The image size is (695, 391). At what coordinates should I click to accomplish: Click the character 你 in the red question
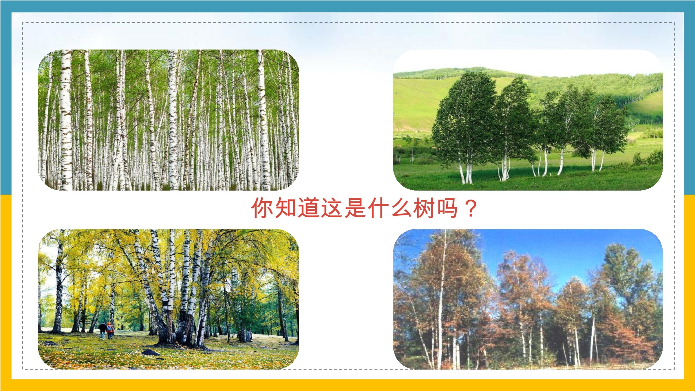[262, 208]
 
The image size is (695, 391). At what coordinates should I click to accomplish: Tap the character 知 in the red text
[286, 208]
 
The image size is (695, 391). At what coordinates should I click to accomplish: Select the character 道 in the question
[309, 208]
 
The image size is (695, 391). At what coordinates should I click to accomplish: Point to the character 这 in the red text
[332, 208]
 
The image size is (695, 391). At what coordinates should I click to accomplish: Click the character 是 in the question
[355, 208]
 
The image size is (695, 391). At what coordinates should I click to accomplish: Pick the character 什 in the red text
[378, 208]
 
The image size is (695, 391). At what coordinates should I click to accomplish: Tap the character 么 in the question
[401, 208]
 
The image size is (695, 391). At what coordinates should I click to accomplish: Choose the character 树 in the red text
[425, 208]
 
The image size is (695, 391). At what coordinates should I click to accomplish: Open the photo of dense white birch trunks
[168, 120]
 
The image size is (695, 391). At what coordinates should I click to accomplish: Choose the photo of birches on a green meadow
[528, 120]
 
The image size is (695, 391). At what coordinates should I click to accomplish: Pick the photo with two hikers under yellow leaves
[168, 299]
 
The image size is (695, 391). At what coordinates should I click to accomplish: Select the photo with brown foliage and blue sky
[528, 299]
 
